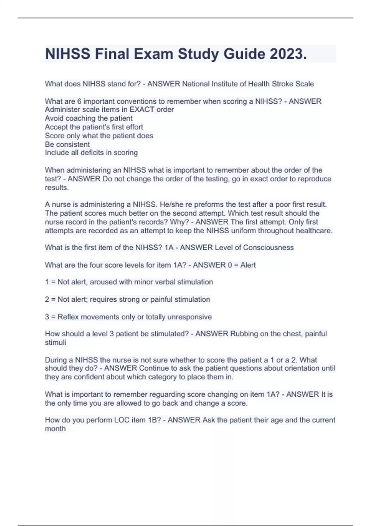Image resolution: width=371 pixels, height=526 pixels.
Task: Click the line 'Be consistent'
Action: [x=67, y=144]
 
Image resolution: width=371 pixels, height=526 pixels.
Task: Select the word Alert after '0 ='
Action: [x=248, y=265]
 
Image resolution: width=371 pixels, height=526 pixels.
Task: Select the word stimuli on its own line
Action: [x=55, y=343]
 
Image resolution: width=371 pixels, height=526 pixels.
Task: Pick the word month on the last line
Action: [x=55, y=429]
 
